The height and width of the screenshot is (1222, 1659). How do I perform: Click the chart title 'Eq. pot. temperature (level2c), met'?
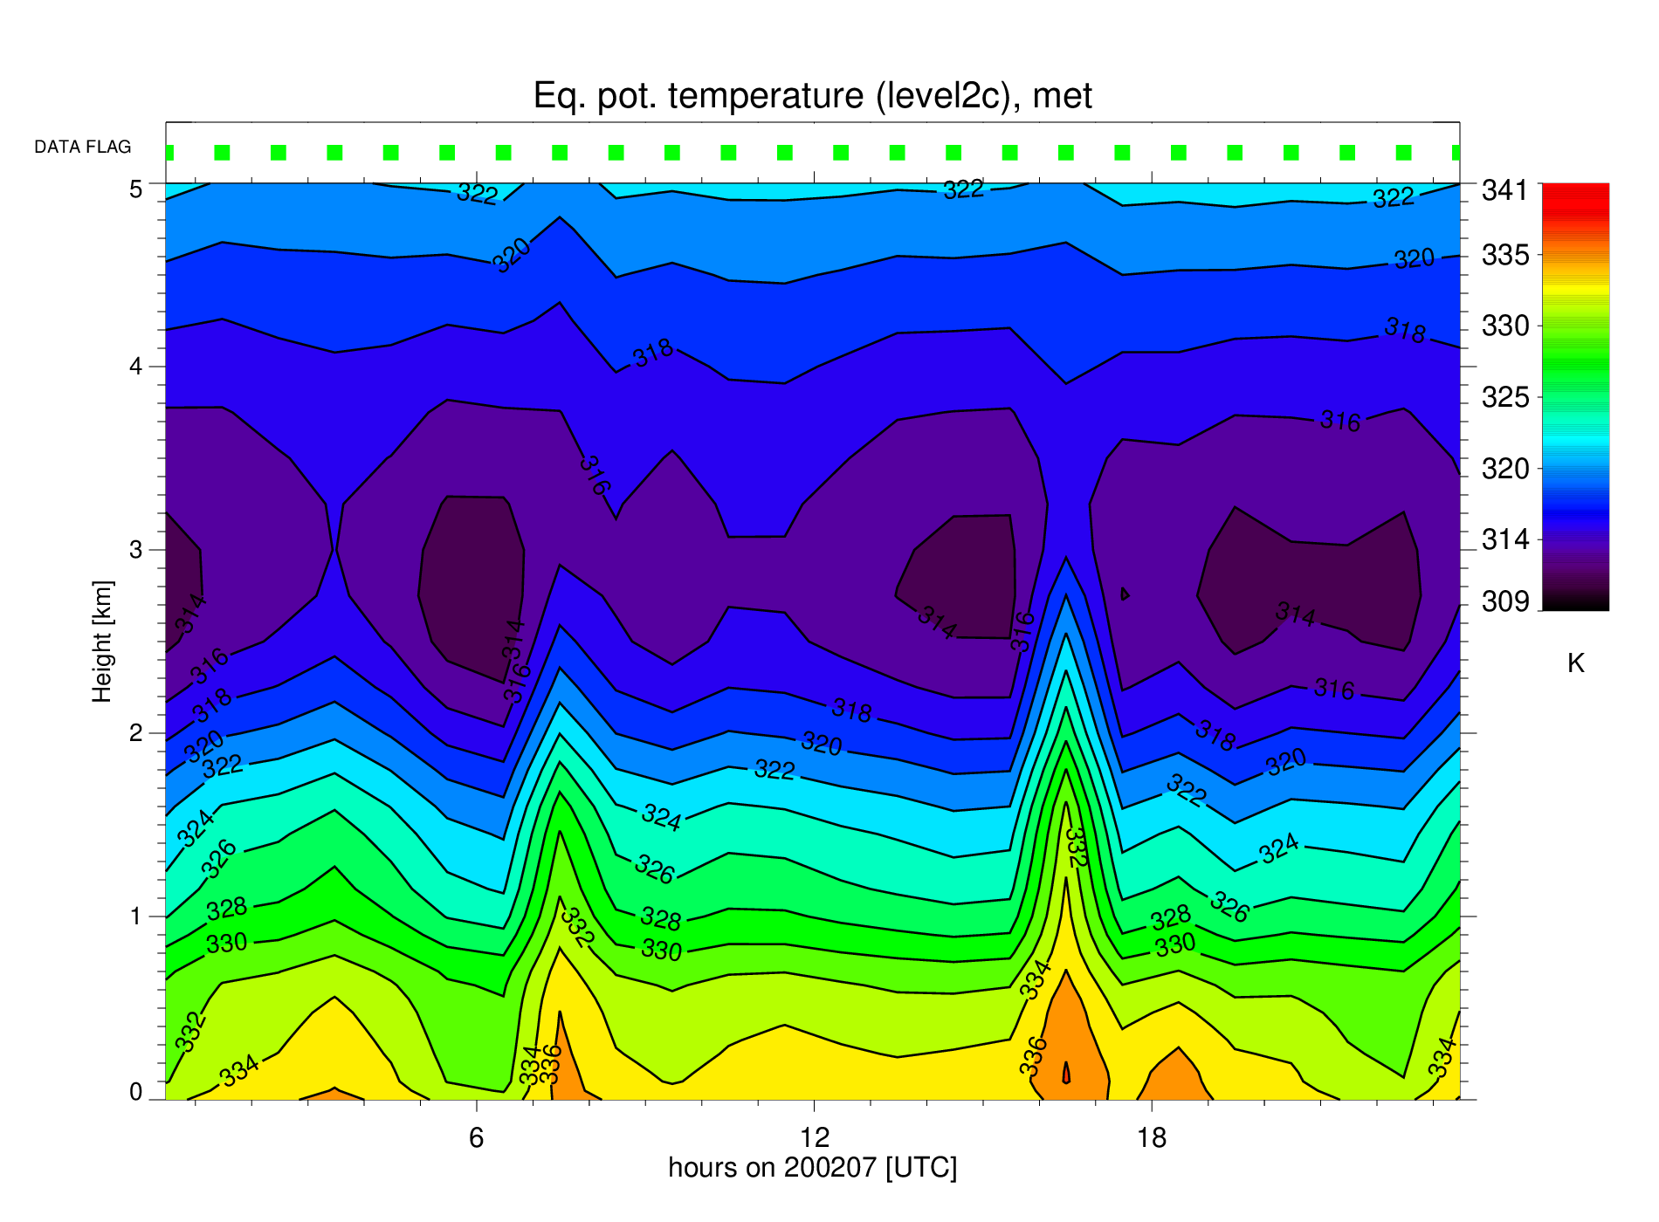pos(812,96)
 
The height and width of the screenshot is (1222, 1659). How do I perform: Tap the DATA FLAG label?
pos(83,147)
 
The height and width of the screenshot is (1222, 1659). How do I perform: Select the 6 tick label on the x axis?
pos(476,1137)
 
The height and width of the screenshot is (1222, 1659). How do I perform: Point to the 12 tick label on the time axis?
pos(814,1137)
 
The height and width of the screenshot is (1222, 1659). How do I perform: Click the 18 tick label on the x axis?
pos(1152,1137)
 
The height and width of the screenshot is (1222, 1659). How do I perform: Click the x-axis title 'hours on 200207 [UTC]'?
pos(813,1168)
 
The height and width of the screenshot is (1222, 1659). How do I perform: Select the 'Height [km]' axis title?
pos(103,641)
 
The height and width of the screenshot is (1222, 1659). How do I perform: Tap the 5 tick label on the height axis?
pos(136,189)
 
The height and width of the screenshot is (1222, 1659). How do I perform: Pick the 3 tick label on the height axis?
pos(136,550)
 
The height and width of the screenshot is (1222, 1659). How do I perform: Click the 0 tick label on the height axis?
pos(136,1092)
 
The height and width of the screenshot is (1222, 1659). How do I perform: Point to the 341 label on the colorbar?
pos(1505,190)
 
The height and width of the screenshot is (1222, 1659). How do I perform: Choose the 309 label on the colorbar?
pos(1505,601)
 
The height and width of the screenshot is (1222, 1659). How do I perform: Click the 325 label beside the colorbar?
pos(1505,398)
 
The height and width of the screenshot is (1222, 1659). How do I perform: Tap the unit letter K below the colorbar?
pos(1576,663)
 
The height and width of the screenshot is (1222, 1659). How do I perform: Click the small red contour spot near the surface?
pos(1066,1073)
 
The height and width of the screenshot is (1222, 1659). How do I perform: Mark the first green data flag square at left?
pos(169,153)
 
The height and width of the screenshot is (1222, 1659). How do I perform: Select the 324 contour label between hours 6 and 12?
pos(661,817)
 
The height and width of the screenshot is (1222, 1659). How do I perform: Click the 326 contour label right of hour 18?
pos(1229,907)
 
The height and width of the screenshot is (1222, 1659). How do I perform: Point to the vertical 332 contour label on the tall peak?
pos(1077,847)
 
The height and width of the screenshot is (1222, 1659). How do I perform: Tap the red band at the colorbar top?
pos(1576,196)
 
